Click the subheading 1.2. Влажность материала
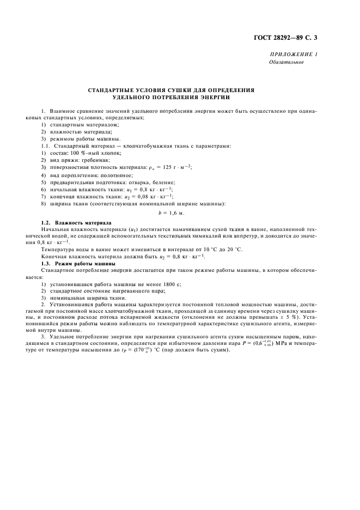tap(76, 223)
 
